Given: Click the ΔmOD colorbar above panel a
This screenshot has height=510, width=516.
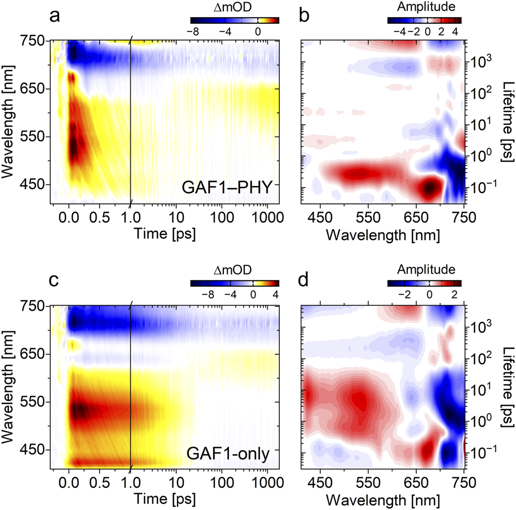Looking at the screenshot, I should (x=231, y=20).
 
